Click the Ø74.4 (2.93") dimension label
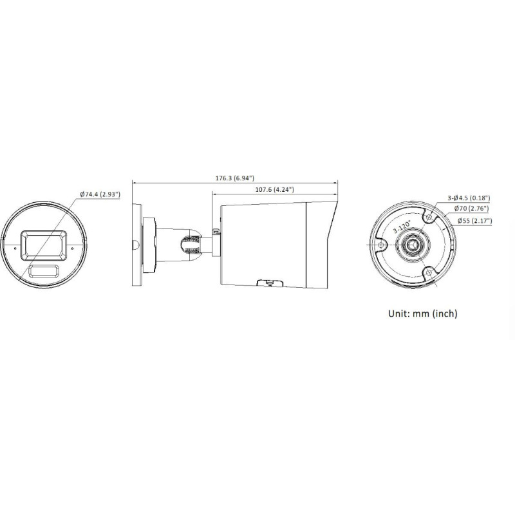click(100, 194)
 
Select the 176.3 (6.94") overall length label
click(234, 178)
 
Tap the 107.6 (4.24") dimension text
click(274, 190)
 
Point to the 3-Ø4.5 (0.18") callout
click(469, 198)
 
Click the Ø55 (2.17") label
click(474, 221)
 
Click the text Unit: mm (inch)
click(422, 314)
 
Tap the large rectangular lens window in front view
click(44, 244)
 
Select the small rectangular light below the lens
click(44, 269)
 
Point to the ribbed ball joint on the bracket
click(189, 245)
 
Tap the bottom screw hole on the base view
click(427, 272)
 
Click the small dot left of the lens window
click(15, 245)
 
